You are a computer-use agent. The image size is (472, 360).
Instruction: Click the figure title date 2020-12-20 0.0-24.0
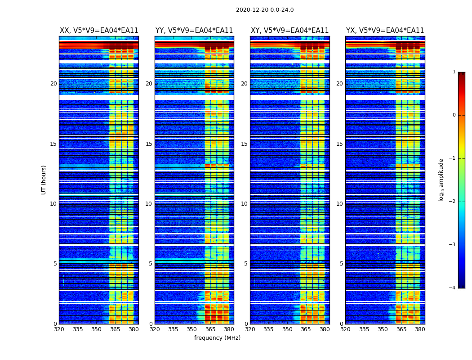click(265, 10)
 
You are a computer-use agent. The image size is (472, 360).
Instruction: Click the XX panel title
click(99, 31)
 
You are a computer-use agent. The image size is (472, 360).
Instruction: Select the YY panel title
click(194, 31)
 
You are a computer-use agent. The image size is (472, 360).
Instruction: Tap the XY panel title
click(289, 31)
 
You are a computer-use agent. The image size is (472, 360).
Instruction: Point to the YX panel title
click(385, 31)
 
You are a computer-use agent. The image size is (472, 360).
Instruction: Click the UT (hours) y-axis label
click(44, 180)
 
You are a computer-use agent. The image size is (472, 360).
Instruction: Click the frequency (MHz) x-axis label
click(217, 338)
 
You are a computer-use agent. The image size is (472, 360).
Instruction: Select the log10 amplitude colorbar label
click(441, 180)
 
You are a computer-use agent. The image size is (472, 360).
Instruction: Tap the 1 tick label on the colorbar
click(454, 72)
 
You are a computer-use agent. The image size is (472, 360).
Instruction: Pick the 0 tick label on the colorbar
click(454, 115)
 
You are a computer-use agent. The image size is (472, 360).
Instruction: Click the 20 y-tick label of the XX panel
click(53, 84)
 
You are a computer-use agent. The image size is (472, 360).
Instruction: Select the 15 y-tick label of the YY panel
click(149, 144)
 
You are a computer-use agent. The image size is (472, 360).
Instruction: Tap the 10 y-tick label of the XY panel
click(244, 204)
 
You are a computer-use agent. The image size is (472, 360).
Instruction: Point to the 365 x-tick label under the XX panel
click(115, 329)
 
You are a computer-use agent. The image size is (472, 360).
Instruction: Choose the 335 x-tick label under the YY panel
click(173, 329)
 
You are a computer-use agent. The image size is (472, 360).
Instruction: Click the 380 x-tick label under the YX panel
click(420, 329)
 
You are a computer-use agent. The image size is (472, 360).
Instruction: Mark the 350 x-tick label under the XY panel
click(287, 329)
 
